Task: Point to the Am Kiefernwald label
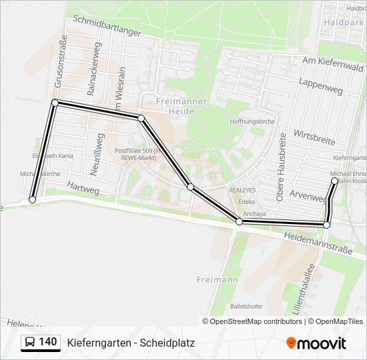click(332, 65)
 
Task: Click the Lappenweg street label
click(322, 85)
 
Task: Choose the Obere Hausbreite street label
click(282, 166)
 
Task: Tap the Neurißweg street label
click(97, 155)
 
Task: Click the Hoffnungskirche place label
click(252, 122)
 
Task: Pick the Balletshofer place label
click(245, 307)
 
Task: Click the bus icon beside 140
click(29, 343)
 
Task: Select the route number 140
click(47, 342)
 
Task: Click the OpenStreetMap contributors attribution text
click(256, 321)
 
